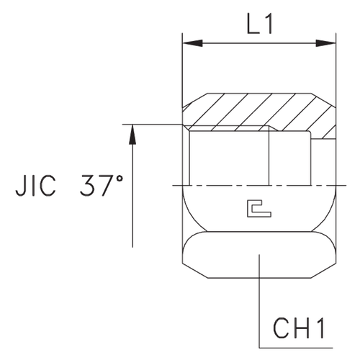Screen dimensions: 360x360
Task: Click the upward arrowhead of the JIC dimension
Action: tap(132, 130)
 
